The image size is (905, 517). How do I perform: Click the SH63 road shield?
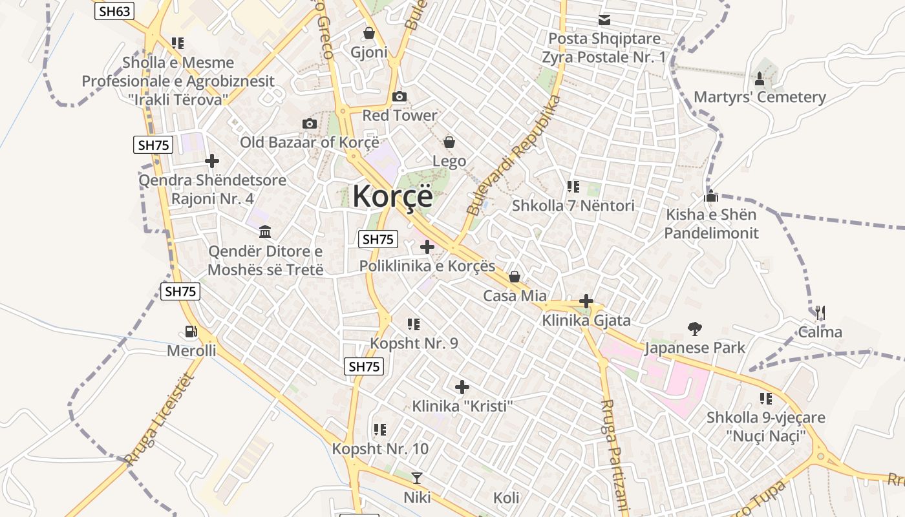coord(114,11)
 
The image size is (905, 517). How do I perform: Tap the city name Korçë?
coord(392,195)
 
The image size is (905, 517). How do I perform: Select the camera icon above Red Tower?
coord(399,97)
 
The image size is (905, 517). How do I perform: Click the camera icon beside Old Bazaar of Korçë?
coord(310,123)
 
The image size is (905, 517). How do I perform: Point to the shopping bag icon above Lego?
coord(449,142)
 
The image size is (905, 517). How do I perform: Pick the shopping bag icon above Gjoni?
coord(369,32)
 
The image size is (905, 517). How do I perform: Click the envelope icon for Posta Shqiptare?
coord(604,20)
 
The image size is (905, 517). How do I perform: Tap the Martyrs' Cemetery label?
coord(760,97)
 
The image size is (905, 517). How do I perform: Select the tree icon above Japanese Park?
coord(695,329)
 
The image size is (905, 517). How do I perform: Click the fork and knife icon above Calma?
coord(820,313)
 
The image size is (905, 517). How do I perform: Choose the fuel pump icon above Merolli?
coord(191,332)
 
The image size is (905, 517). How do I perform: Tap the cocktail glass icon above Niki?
coord(417,478)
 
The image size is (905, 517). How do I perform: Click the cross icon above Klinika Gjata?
coord(586,301)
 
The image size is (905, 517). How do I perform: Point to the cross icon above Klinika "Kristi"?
coord(462,387)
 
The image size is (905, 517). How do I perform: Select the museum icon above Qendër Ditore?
coord(265,231)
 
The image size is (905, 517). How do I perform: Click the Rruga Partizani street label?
coord(615,456)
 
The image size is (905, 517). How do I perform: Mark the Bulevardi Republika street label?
coord(513,155)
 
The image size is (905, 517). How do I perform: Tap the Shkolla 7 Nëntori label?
coord(573,206)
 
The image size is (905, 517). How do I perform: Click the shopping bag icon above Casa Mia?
coord(515,277)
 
